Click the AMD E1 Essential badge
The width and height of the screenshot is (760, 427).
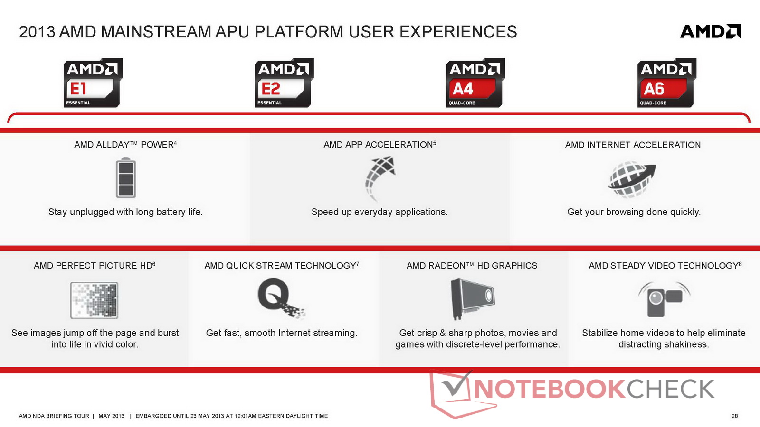pos(93,83)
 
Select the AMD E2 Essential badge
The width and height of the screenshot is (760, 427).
pos(284,83)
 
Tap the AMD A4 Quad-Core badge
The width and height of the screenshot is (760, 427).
pos(475,83)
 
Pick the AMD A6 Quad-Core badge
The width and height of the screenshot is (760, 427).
pos(667,83)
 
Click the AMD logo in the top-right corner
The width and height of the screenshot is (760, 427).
pos(711,31)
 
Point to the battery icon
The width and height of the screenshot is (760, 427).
pos(126,177)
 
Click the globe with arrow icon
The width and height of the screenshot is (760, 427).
pos(632,179)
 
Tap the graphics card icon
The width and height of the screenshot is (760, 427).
pos(472,299)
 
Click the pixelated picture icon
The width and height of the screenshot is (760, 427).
pos(95,300)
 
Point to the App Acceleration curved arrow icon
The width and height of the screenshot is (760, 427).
pos(380,178)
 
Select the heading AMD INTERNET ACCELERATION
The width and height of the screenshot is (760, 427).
pos(633,145)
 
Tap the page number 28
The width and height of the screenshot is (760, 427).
pos(734,416)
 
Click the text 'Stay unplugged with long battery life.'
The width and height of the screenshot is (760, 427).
pos(125,212)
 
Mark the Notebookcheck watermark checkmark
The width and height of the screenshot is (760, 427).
pos(456,385)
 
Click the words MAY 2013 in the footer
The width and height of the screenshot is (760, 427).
pos(111,416)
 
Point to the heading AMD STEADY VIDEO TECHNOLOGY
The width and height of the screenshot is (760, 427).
pos(665,266)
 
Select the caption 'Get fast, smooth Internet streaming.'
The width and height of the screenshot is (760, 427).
pos(282,333)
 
